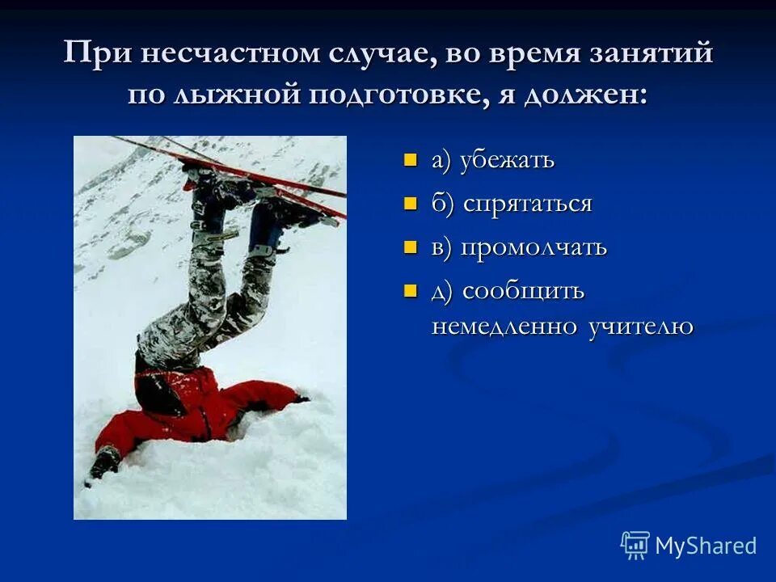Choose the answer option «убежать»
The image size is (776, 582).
(x=507, y=160)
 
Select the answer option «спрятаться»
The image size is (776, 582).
(x=528, y=204)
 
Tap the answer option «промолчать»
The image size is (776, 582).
(x=533, y=247)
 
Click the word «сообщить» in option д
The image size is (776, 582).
(x=523, y=291)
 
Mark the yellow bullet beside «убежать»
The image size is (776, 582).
(x=411, y=159)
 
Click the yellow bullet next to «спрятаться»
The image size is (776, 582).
(x=411, y=203)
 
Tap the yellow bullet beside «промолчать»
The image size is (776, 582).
(x=411, y=247)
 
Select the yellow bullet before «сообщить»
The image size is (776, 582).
(x=411, y=290)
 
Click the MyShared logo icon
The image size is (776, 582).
(x=635, y=546)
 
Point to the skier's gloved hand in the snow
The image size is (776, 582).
(x=105, y=463)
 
